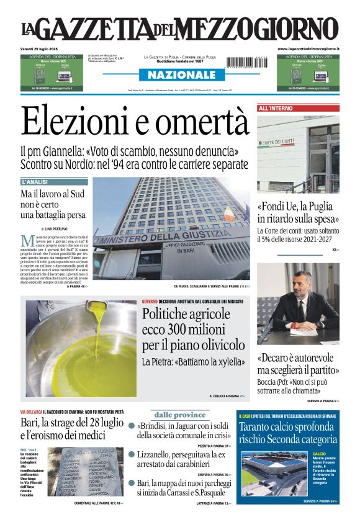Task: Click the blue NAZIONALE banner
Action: point(180,75)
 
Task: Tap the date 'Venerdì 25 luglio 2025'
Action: point(41,48)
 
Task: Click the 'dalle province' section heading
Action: point(180,415)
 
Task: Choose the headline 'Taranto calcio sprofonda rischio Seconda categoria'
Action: point(287,433)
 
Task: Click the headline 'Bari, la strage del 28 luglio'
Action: point(72,424)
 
